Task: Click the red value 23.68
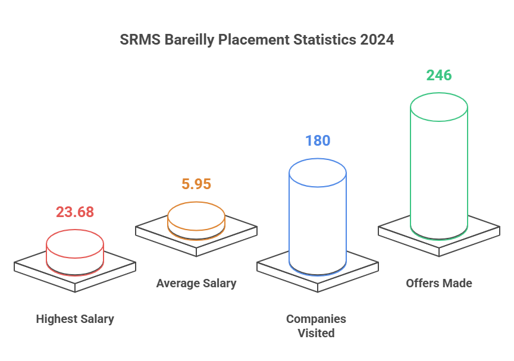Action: coord(75,212)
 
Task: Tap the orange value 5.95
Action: coord(196,184)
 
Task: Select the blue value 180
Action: coord(318,141)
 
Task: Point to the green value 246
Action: coord(439,76)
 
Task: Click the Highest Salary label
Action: coord(75,319)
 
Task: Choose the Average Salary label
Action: coord(196,283)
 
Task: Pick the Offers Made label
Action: coord(439,283)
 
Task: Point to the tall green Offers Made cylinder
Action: coord(439,172)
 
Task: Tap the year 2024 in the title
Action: coord(377,40)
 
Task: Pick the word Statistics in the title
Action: coord(324,40)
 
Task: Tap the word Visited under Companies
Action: coord(316,333)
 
